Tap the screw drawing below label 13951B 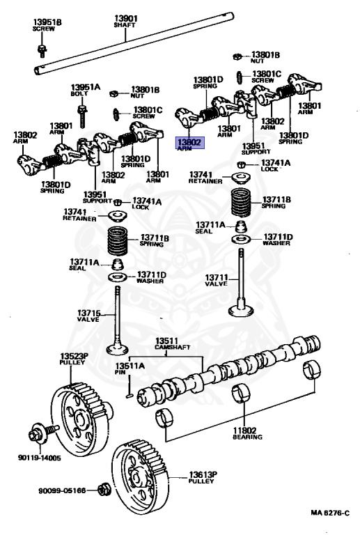pos(42,49)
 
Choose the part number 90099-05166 pos(62,490)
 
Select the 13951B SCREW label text pos(47,26)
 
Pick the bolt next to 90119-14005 pos(37,434)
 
